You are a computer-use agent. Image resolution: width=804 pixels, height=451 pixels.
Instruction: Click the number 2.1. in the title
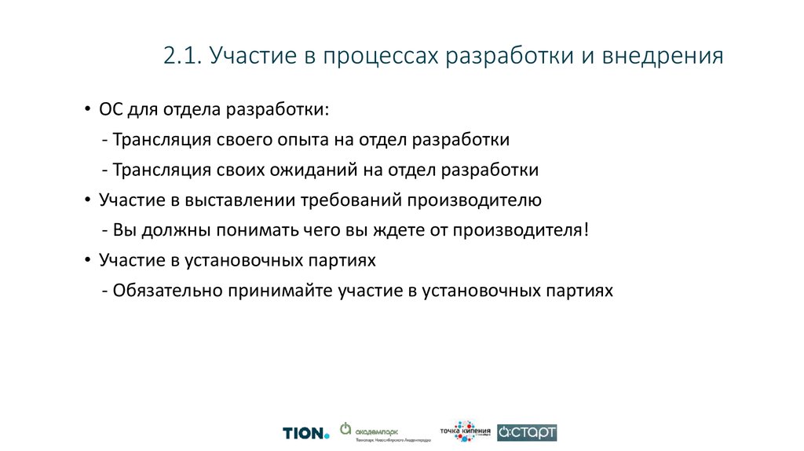click(x=182, y=57)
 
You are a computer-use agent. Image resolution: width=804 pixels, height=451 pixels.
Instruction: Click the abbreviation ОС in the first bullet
click(x=111, y=109)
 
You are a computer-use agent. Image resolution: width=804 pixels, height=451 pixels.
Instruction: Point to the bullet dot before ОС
click(x=88, y=110)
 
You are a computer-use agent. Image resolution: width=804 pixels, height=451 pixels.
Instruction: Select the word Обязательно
click(x=168, y=290)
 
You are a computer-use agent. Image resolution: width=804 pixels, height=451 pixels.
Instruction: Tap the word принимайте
click(x=280, y=290)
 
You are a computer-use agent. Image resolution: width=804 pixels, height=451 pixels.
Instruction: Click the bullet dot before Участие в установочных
click(x=88, y=260)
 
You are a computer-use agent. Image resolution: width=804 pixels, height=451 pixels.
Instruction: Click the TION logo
click(x=305, y=432)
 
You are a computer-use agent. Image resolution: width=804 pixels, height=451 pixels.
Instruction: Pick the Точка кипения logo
click(x=465, y=431)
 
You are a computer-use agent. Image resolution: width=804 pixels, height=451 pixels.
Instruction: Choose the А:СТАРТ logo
click(x=527, y=432)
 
